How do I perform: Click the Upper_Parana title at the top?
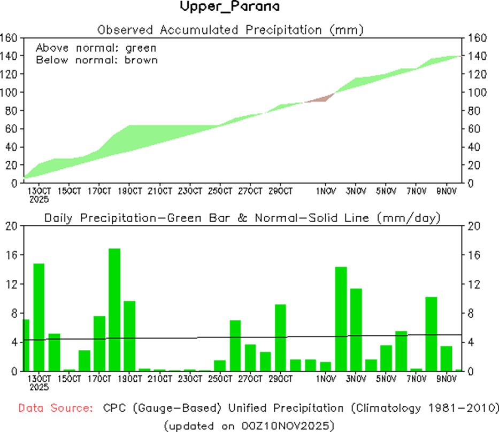click(x=229, y=7)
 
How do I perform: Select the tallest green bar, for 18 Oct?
click(x=114, y=310)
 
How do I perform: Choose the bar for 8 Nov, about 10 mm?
click(x=431, y=334)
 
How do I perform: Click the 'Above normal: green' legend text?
click(x=96, y=48)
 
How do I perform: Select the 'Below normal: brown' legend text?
click(x=97, y=60)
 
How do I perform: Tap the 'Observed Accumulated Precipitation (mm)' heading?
click(x=230, y=29)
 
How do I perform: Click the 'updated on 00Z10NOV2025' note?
click(x=249, y=425)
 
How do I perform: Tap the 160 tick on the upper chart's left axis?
click(x=10, y=38)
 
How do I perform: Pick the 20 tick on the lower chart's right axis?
click(x=474, y=226)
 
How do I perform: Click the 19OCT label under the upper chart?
click(x=129, y=191)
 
